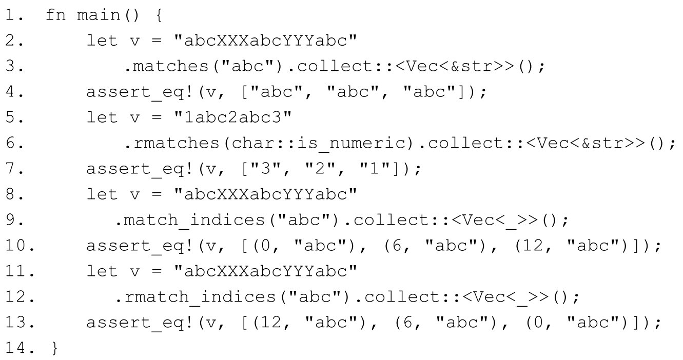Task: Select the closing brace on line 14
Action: coord(55,348)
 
